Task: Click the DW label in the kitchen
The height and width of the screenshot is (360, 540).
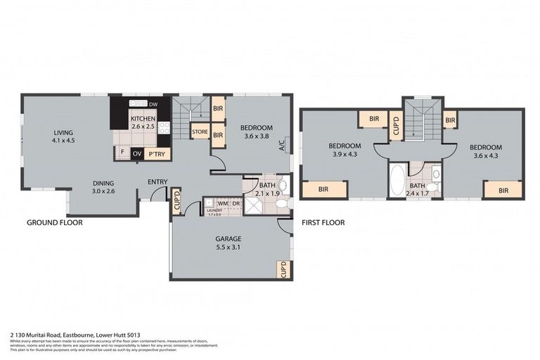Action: (153, 105)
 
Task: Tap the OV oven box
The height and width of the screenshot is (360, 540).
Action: (137, 153)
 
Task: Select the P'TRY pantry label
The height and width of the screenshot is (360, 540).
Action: (156, 153)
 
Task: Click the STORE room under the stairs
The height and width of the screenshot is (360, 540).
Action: (200, 131)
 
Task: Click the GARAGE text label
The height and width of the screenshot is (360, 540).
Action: (229, 238)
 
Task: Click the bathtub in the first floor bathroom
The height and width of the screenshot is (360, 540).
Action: (397, 180)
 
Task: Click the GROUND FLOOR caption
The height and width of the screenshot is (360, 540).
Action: (55, 222)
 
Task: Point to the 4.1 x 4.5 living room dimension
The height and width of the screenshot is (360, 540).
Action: (63, 140)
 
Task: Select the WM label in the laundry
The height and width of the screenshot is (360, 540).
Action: (221, 203)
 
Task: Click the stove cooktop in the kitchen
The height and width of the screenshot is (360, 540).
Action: (165, 127)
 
